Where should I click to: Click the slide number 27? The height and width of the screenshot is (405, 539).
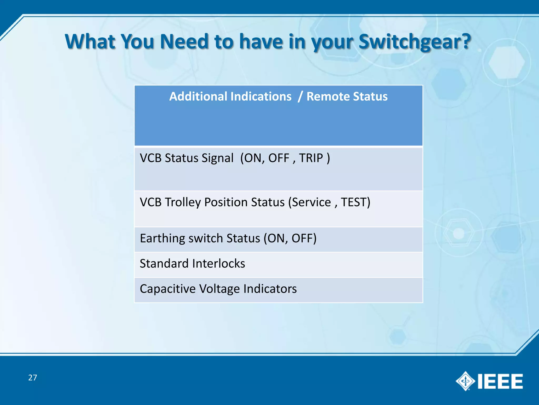tap(33, 378)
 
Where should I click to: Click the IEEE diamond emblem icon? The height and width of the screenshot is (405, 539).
tap(465, 381)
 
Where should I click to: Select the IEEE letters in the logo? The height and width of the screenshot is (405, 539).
tap(500, 381)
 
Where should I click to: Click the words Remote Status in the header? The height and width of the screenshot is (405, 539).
tap(347, 97)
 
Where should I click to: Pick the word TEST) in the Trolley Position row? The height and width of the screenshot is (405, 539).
tap(356, 202)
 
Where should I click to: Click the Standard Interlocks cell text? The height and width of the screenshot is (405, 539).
tap(192, 263)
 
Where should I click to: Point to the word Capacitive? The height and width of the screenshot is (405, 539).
tap(168, 289)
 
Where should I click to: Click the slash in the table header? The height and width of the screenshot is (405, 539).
tap(300, 97)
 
